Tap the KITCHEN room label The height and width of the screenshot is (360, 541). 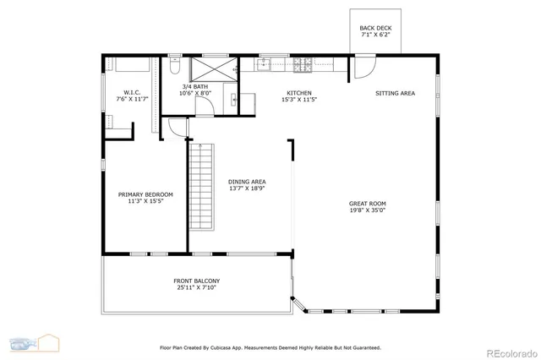point(299,93)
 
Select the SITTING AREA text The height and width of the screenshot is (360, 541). point(395,93)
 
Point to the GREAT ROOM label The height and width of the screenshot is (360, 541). point(368,204)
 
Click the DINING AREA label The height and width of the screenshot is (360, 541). point(247,182)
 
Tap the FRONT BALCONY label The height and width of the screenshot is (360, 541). point(197,281)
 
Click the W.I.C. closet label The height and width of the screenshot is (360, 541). point(132,93)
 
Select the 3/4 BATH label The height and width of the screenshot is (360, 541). point(194,87)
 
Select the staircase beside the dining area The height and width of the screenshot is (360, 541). point(201,179)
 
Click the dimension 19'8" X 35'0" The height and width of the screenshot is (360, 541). point(368,212)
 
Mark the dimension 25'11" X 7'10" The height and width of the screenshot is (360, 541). point(197,288)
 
